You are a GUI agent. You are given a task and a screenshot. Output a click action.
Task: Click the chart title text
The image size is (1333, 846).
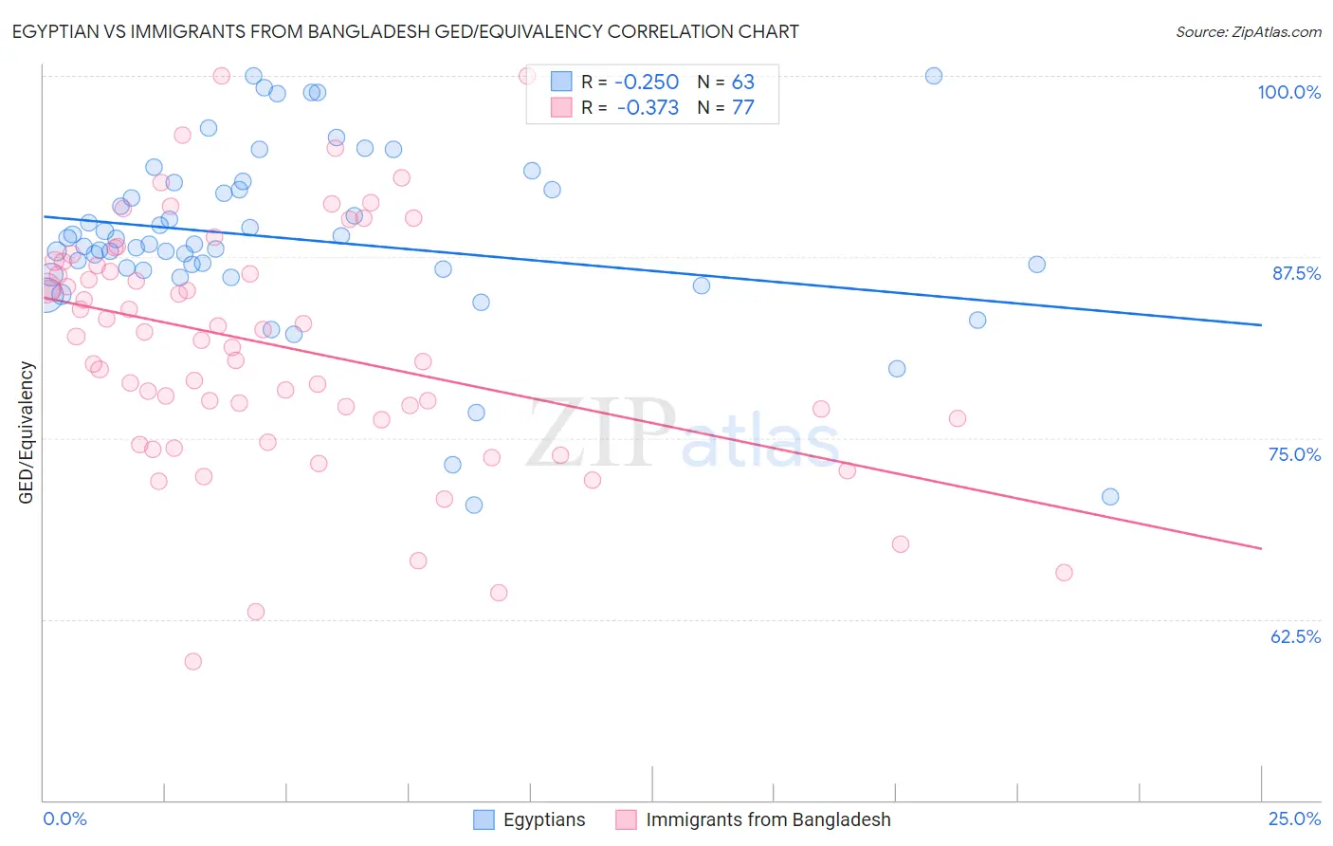(x=406, y=31)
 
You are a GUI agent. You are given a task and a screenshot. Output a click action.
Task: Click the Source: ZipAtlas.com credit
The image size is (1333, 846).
(x=1248, y=32)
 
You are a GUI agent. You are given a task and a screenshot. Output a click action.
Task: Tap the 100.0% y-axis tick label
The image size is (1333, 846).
(x=1288, y=92)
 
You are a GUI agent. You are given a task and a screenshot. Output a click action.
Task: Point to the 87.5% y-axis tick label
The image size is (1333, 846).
(x=1296, y=273)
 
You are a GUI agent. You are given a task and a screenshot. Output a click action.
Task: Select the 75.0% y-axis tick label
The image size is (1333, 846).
(x=1294, y=454)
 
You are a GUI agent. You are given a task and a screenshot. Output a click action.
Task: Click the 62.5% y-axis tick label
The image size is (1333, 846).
(x=1295, y=636)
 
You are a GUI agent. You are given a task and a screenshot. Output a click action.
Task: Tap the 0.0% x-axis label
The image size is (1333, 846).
(x=64, y=818)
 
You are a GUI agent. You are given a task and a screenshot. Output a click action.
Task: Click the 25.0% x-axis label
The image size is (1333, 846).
(x=1294, y=818)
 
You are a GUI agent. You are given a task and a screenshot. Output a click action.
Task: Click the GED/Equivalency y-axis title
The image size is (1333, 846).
(x=27, y=432)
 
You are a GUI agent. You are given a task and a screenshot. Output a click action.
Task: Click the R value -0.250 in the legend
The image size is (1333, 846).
(x=648, y=83)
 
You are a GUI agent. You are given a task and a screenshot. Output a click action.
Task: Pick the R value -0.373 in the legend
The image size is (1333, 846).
(x=648, y=108)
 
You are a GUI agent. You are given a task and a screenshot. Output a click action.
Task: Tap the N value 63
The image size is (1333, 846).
(x=742, y=83)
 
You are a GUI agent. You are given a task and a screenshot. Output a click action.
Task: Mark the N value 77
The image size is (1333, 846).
(x=742, y=108)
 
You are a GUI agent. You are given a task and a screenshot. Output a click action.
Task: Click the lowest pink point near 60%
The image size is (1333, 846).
(x=193, y=661)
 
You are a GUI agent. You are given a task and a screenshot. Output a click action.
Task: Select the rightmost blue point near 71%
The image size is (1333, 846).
(x=1110, y=497)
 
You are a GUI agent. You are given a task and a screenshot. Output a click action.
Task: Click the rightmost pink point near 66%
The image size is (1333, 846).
(x=1064, y=573)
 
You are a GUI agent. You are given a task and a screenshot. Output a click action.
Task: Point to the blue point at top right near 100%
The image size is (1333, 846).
(x=934, y=76)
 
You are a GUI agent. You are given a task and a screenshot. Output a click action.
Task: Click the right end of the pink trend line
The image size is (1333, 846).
(x=1261, y=548)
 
